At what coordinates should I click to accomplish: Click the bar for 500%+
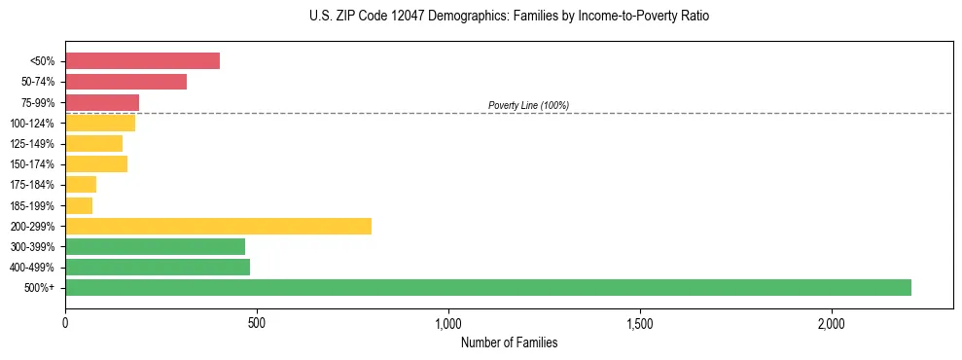[488, 287]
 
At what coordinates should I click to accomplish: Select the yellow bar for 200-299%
[218, 226]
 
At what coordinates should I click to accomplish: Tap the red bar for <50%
[142, 60]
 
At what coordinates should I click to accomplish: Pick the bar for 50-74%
[125, 82]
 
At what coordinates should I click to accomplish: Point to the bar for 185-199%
[79, 205]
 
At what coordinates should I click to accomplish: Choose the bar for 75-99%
[102, 102]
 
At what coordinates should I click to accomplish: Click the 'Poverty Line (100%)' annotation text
[528, 105]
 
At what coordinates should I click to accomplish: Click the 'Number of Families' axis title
[509, 342]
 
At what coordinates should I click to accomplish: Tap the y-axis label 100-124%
[32, 124]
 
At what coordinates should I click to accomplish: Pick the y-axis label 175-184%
[32, 185]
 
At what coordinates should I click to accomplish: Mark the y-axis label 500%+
[41, 288]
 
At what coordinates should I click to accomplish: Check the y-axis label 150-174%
[32, 164]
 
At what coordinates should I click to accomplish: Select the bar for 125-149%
[93, 143]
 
